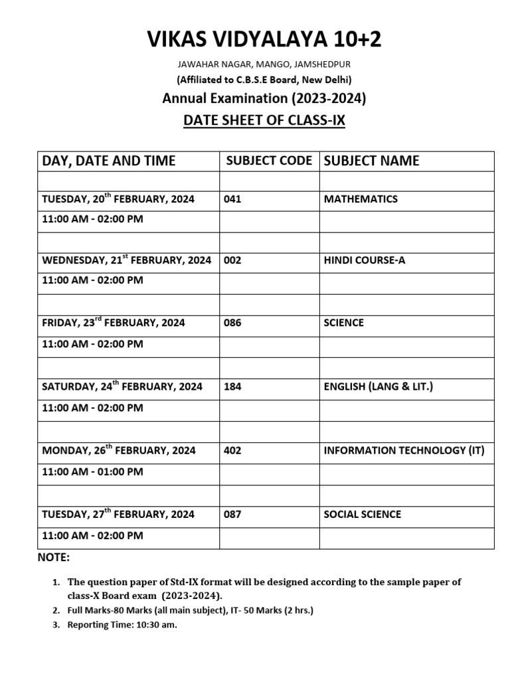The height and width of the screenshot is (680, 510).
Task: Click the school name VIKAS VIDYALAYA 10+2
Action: click(264, 41)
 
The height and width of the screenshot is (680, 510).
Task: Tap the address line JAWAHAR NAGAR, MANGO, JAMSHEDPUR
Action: click(264, 64)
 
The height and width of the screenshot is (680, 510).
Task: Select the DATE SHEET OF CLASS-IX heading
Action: click(264, 122)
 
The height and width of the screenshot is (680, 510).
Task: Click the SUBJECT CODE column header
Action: click(269, 161)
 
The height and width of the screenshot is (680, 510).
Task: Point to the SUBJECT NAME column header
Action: click(371, 161)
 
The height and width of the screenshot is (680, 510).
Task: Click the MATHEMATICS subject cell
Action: click(361, 199)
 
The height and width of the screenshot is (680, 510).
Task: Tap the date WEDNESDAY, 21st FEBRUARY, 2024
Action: click(126, 260)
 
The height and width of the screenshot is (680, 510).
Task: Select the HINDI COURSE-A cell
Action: click(364, 260)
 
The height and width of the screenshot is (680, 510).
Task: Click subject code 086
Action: click(232, 323)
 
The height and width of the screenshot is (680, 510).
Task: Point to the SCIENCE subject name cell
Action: click(344, 323)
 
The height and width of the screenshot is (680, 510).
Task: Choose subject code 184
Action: click(232, 386)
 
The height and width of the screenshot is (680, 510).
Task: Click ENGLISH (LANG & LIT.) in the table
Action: click(378, 386)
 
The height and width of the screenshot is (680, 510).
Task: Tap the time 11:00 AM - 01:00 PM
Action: click(92, 471)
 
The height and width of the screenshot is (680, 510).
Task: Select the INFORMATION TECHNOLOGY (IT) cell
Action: click(404, 450)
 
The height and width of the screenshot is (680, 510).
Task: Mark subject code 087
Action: click(232, 514)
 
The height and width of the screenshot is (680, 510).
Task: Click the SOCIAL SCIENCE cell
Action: click(363, 514)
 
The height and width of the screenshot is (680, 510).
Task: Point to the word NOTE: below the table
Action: click(54, 557)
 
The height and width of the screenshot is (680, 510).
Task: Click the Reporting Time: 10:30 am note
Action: click(122, 625)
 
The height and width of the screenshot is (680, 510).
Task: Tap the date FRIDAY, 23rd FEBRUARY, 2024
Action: click(114, 323)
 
